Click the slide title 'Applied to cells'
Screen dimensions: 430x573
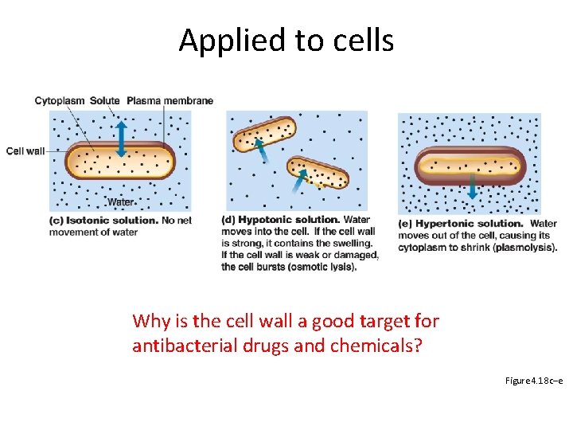coord(286,40)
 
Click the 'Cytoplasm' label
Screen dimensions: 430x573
coord(60,100)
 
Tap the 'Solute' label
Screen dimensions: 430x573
coord(105,100)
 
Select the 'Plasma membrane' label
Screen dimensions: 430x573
coord(170,100)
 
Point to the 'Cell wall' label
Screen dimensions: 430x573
coord(25,150)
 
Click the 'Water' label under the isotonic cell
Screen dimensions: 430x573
coord(120,201)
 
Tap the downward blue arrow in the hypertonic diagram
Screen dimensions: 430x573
coord(473,187)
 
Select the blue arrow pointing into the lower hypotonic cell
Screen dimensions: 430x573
coord(299,183)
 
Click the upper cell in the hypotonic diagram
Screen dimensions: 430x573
coord(264,133)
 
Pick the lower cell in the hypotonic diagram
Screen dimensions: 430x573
coord(318,172)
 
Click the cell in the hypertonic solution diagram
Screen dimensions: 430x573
coord(471,163)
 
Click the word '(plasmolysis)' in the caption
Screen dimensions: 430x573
coord(524,247)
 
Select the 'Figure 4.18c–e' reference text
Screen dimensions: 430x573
coord(534,381)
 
